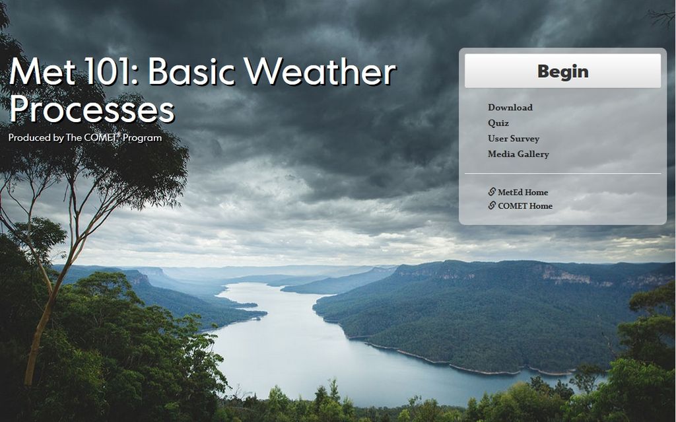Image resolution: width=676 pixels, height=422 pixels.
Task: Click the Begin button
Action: tap(562, 71)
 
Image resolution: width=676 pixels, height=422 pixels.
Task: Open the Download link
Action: tap(510, 108)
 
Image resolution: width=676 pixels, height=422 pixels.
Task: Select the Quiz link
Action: tap(498, 123)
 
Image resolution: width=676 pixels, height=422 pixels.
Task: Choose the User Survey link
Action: tap(514, 139)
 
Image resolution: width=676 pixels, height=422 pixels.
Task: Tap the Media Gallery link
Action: tap(518, 155)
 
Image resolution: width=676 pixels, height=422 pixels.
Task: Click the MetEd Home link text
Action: tap(523, 192)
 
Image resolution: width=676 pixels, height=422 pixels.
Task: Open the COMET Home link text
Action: tap(525, 206)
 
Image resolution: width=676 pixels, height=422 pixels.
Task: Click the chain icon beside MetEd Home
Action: tap(492, 192)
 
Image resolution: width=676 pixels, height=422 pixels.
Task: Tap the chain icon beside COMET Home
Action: tap(492, 206)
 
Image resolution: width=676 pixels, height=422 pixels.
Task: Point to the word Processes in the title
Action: tap(92, 110)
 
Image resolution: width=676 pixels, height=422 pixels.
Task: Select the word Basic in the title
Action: tap(191, 73)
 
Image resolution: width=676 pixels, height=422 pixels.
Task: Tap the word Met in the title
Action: tap(44, 73)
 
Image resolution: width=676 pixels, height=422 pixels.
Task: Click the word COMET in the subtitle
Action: tap(100, 138)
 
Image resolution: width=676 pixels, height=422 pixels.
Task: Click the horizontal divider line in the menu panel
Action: tap(562, 174)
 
